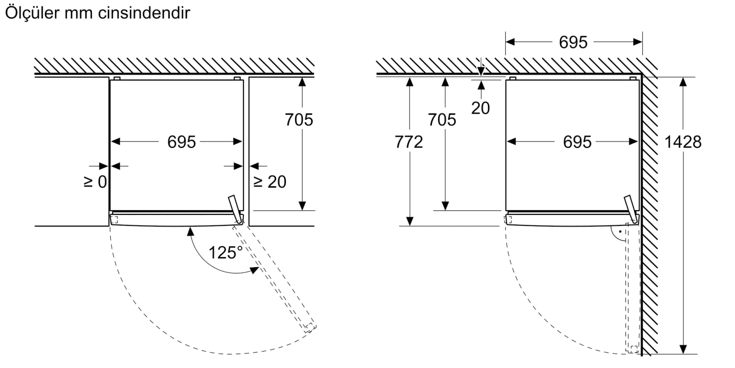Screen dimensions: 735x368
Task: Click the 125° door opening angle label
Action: click(225, 253)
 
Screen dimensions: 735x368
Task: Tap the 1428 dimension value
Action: click(683, 142)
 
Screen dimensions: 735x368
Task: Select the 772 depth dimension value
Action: click(409, 142)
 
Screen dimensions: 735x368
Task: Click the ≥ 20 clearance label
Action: click(270, 182)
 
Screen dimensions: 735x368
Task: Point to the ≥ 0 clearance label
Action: click(95, 182)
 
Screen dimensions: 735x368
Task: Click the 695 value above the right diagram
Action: click(573, 42)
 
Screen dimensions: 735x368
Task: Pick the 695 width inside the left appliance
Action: click(181, 142)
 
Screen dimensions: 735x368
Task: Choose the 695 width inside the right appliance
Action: click(577, 142)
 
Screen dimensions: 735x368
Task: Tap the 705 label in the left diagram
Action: click(299, 120)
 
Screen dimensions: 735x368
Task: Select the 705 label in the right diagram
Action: click(442, 120)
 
